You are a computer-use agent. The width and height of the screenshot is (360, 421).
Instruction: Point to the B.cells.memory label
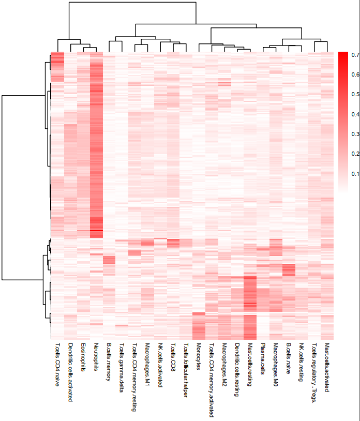pyautogui.click(x=108, y=362)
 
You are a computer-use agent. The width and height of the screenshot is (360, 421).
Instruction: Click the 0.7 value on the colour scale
pyautogui.click(x=355, y=55)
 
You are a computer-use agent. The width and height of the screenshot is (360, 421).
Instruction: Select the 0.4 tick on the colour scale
pyautogui.click(x=355, y=114)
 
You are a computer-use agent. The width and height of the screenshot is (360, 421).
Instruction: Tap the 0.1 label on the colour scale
pyautogui.click(x=355, y=174)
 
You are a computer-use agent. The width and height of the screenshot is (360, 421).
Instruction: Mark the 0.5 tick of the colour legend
pyautogui.click(x=355, y=95)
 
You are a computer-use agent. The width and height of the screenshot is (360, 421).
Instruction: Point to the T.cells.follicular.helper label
pyautogui.click(x=186, y=370)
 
